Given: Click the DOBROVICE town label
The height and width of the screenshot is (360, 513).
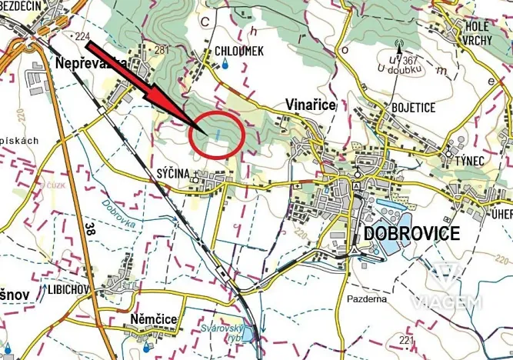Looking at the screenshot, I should (412, 233).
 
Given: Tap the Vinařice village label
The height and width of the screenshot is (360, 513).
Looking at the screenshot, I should (311, 105).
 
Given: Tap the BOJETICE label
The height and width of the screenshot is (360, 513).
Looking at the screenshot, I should (413, 107).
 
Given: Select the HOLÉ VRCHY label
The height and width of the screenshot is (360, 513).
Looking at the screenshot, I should (482, 33).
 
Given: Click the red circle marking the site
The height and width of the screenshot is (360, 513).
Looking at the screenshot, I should (216, 135).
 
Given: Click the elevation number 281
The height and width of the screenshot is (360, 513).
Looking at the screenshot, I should (162, 50).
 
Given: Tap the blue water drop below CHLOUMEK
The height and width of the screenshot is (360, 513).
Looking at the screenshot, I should (225, 65).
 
